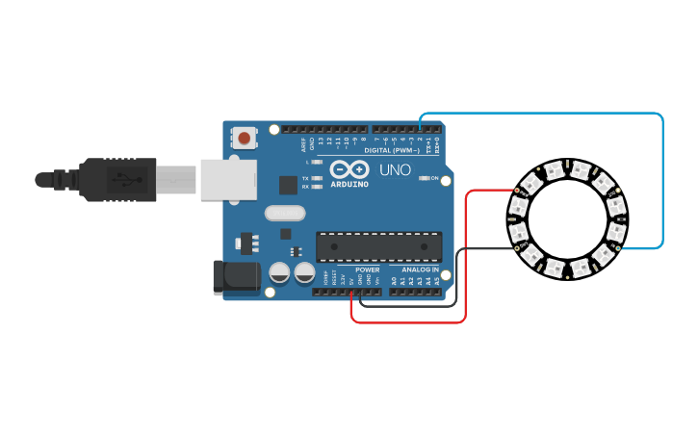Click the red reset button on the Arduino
pos(245,138)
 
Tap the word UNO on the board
pos(395,170)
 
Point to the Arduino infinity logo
pos(349,167)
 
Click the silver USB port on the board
pos(227,179)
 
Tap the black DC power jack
pos(236,277)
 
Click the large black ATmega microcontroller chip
pos(379,246)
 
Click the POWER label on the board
pos(367,269)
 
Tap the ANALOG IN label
pos(420,269)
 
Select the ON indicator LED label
pos(434,178)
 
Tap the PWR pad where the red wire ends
pos(516,192)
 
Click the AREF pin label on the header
pos(303,144)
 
